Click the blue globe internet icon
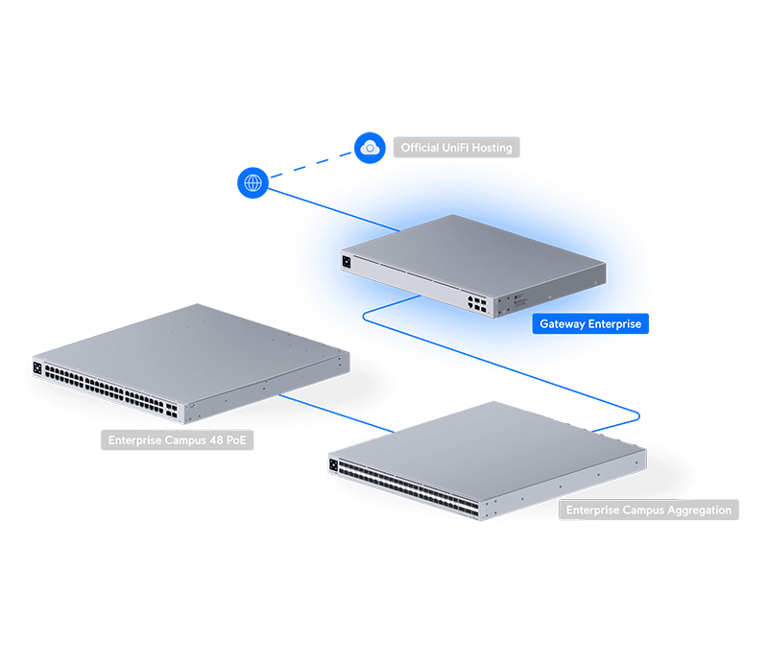[252, 182]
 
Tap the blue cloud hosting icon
[370, 148]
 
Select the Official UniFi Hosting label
[457, 148]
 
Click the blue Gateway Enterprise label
[590, 323]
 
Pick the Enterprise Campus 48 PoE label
[178, 440]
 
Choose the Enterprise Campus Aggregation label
[649, 509]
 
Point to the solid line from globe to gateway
[333, 209]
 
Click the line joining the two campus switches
[337, 414]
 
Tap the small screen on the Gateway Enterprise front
[347, 262]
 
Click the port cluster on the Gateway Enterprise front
[477, 303]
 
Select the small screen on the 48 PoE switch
[37, 367]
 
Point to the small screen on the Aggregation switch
[333, 464]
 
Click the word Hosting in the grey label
[492, 148]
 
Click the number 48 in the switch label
[217, 440]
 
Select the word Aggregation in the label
[700, 510]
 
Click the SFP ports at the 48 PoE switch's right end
[172, 411]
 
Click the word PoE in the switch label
[236, 440]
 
